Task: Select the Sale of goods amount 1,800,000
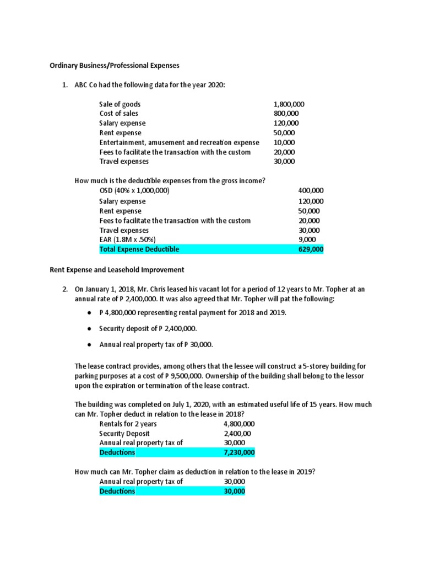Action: pyautogui.click(x=289, y=104)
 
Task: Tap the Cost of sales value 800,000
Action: pyautogui.click(x=286, y=114)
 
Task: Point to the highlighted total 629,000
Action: pyautogui.click(x=311, y=249)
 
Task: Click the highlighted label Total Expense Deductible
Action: pyautogui.click(x=139, y=249)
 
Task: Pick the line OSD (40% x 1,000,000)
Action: pyautogui.click(x=134, y=190)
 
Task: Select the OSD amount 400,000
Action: pyautogui.click(x=311, y=190)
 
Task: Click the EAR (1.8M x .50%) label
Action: pyautogui.click(x=128, y=239)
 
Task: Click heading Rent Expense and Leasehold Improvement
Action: pyautogui.click(x=113, y=270)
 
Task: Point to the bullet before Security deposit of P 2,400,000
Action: pyautogui.click(x=90, y=328)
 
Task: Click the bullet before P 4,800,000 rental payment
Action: pyautogui.click(x=90, y=312)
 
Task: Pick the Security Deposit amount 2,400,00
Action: pyautogui.click(x=237, y=434)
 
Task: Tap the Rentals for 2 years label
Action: pyautogui.click(x=128, y=424)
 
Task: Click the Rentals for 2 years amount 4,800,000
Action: pyautogui.click(x=239, y=424)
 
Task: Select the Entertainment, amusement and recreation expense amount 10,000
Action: pyautogui.click(x=284, y=142)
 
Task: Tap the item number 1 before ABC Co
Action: pyautogui.click(x=64, y=85)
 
